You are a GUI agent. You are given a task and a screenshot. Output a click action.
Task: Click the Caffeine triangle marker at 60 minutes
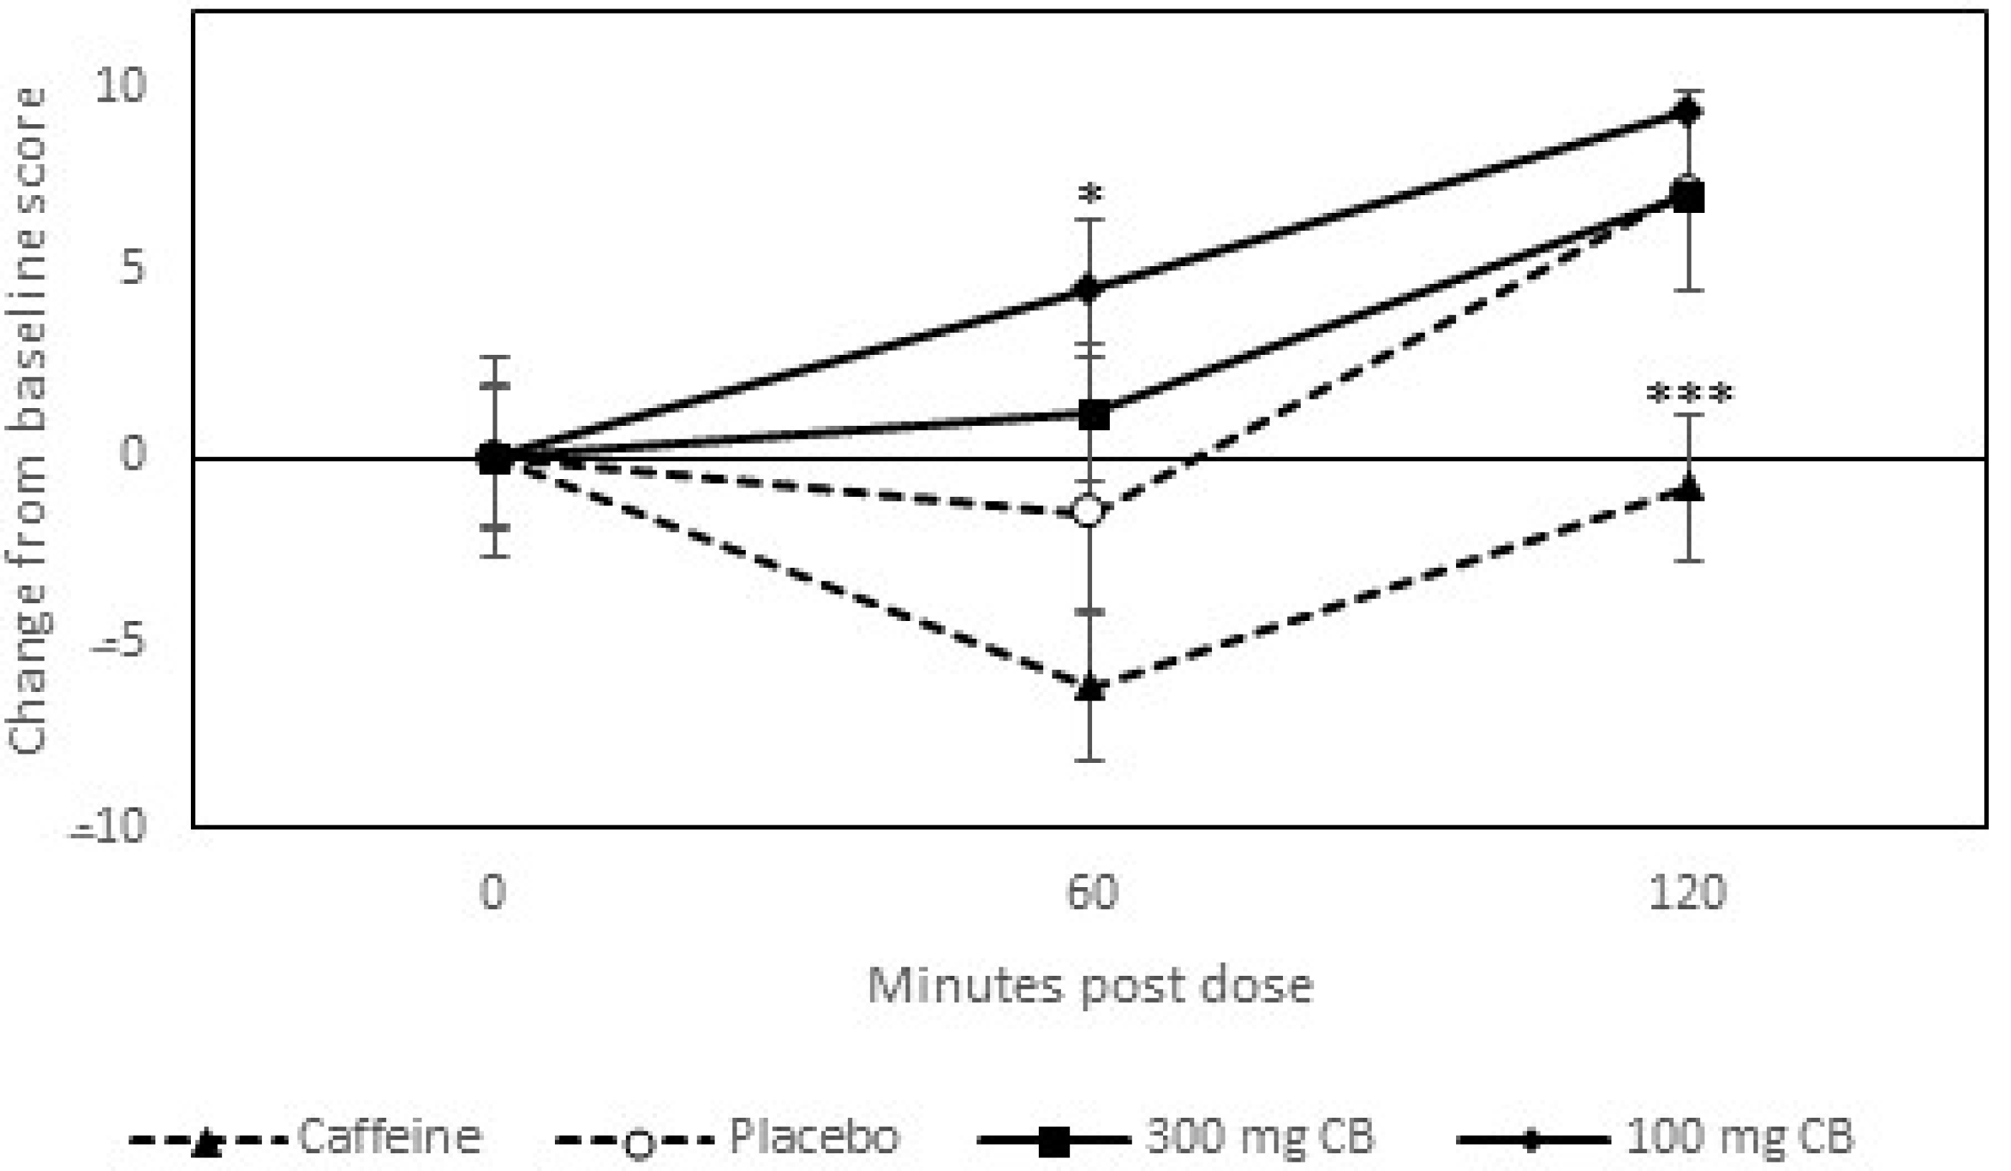[1090, 688]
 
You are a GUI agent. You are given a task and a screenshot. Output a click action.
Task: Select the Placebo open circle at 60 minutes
[1090, 510]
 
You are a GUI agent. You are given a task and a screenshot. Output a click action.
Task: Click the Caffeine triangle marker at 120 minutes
[1689, 488]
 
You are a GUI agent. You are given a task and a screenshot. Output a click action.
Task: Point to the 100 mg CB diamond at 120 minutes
[1689, 111]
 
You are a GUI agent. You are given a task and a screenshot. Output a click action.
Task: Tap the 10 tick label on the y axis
[120, 85]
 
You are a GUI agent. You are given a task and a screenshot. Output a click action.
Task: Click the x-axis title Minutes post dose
[1090, 984]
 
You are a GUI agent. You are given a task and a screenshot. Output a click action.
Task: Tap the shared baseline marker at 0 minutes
[494, 458]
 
